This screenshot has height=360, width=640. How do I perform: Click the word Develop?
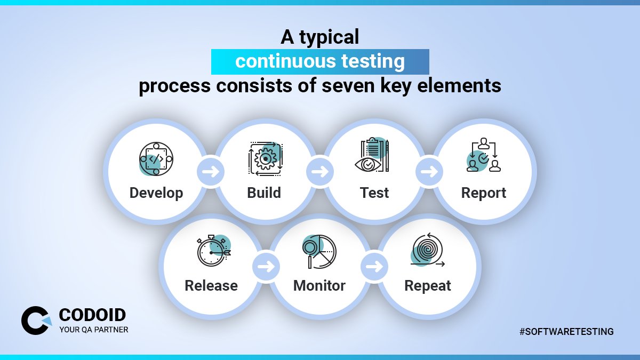156,193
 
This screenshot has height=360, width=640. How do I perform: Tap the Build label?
264,193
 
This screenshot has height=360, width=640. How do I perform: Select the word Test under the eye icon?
374,193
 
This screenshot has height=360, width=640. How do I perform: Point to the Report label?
484,193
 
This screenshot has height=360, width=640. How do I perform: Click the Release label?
211,285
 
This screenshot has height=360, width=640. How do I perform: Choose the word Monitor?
319,285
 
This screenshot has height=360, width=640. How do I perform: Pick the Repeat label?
428,285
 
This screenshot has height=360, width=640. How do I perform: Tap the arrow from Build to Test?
319,172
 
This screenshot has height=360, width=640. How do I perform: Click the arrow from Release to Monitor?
265,266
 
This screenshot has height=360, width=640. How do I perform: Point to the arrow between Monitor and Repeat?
374,266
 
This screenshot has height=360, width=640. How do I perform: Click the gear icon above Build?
265,158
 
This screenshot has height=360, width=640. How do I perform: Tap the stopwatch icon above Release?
213,250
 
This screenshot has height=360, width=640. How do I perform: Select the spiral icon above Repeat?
428,250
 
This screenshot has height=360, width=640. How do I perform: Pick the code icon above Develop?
155,158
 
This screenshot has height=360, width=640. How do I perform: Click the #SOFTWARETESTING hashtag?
566,332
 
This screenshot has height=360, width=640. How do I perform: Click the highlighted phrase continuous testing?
320,61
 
